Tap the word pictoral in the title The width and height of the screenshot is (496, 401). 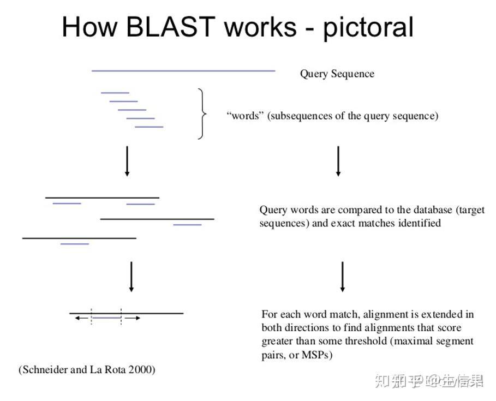368,27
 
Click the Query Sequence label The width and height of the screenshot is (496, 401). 337,74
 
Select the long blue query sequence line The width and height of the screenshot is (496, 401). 183,70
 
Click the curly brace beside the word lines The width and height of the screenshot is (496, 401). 202,114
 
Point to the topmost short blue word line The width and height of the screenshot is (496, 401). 115,93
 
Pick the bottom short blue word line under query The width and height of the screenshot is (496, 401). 149,127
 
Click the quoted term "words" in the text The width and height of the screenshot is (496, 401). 244,116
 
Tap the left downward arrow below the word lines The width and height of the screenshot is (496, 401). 127,161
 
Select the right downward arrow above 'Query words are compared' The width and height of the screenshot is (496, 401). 338,161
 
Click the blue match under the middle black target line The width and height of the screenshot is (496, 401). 187,225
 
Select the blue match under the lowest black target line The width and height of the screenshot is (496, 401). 75,244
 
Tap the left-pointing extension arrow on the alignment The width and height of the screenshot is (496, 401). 82,318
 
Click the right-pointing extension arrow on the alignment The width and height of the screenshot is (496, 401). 133,318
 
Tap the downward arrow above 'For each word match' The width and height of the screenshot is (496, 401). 343,276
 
